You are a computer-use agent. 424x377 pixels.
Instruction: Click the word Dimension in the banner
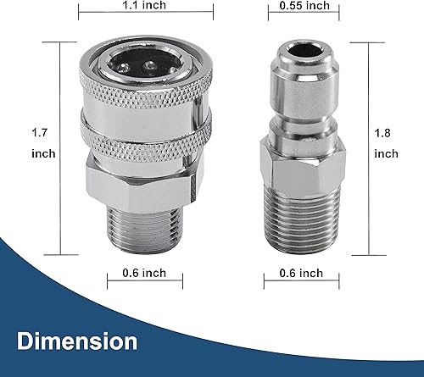tap(75, 341)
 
